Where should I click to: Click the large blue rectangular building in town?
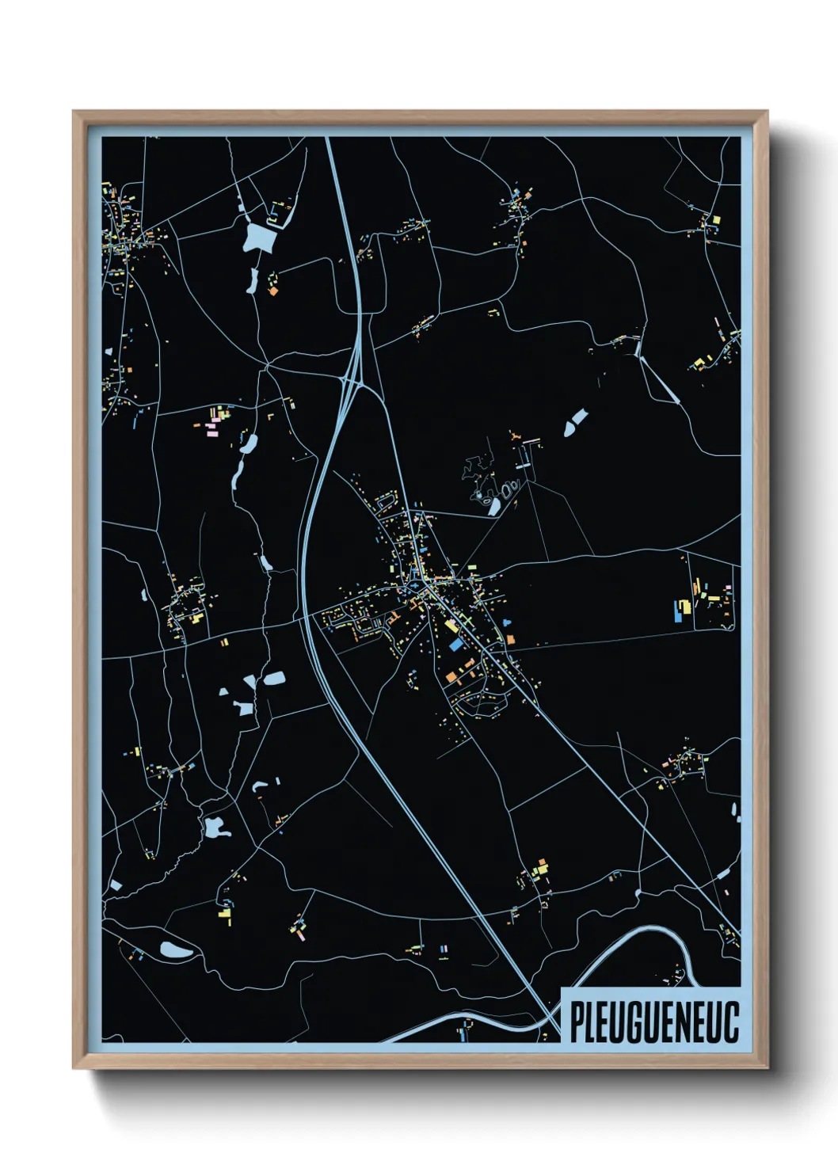455,645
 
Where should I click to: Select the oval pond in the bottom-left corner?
175,950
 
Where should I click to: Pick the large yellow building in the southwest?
225,917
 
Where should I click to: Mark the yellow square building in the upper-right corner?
716,219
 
